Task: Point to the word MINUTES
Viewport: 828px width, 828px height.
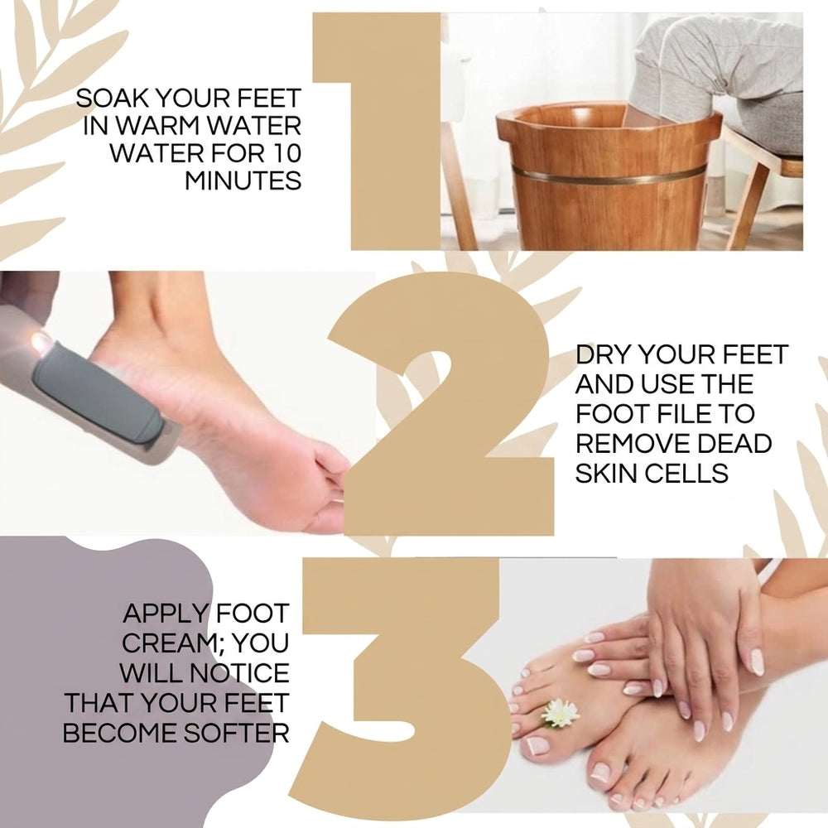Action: coord(243,181)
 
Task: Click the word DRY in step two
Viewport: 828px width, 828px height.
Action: coord(604,354)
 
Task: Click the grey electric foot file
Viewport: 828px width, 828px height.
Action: coord(89,391)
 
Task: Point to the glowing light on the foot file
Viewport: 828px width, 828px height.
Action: coord(40,340)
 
